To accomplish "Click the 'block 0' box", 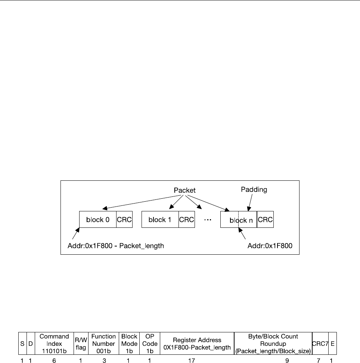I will [x=98, y=220].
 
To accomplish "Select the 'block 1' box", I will [x=160, y=220].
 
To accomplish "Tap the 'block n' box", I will [x=239, y=220].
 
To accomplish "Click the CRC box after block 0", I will [x=124, y=220].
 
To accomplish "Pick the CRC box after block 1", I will [x=187, y=220].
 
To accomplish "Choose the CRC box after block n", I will [x=266, y=220].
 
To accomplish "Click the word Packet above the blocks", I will [x=184, y=190].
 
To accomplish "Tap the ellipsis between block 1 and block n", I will [x=208, y=220].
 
